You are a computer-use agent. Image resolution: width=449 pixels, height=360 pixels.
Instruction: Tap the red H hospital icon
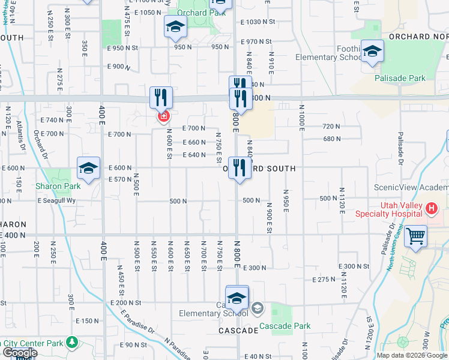tap(430, 209)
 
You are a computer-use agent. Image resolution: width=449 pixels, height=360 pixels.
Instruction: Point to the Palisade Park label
tap(400, 78)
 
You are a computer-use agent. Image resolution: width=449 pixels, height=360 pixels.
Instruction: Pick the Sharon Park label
tap(58, 186)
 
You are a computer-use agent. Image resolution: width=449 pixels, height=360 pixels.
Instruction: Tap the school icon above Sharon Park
tap(88, 169)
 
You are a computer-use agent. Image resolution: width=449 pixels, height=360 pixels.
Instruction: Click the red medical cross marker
tap(163, 116)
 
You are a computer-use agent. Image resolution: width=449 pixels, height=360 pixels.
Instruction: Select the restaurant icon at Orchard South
tap(240, 167)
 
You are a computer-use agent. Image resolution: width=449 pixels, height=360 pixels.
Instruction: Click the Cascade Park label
tap(285, 326)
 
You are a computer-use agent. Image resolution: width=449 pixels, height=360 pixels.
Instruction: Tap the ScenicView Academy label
tap(411, 187)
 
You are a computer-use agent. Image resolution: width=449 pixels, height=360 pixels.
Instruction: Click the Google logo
tap(19, 353)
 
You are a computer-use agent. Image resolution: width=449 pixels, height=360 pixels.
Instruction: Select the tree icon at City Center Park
tap(73, 342)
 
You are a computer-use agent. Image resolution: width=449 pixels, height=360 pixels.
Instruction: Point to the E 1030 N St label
tap(257, 22)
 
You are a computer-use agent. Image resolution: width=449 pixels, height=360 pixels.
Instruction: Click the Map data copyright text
tap(412, 355)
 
